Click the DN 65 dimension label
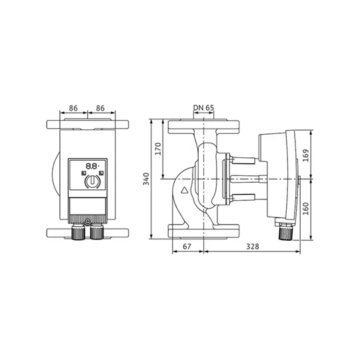pyautogui.click(x=203, y=108)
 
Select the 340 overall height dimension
pyautogui.click(x=146, y=179)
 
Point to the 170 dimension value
pyautogui.click(x=158, y=149)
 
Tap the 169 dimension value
pyautogui.click(x=306, y=155)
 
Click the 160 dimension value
pyautogui.click(x=306, y=209)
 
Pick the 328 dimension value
pyautogui.click(x=253, y=247)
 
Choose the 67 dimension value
pyautogui.click(x=187, y=247)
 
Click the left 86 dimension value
pyautogui.click(x=73, y=108)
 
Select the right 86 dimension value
pyautogui.click(x=100, y=108)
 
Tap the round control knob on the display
pyautogui.click(x=92, y=181)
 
